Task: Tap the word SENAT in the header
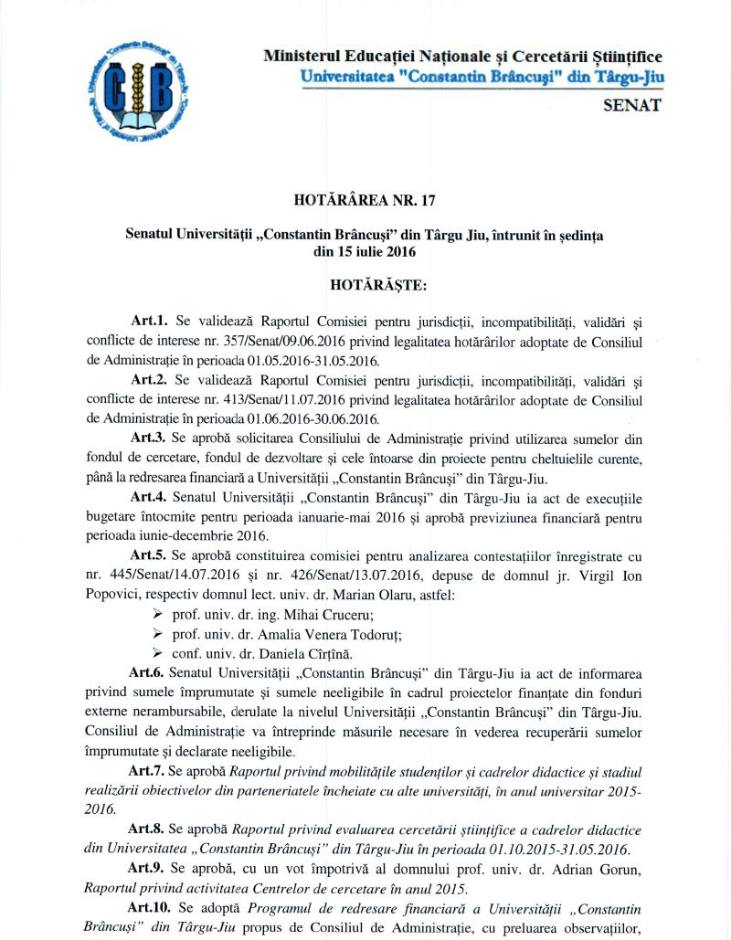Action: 633,104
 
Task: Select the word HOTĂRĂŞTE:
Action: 365,284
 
